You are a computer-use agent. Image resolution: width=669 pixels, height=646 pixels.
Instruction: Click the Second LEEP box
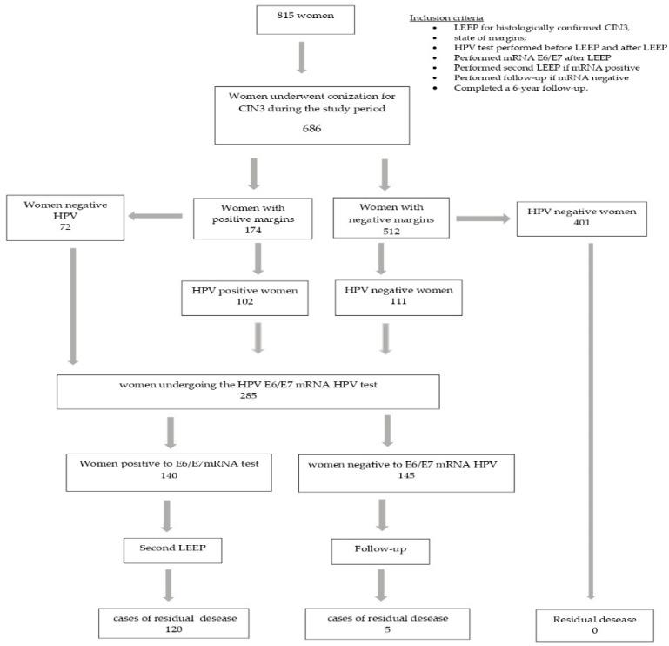click(x=171, y=549)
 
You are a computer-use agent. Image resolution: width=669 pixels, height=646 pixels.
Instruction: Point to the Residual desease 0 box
click(x=594, y=623)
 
